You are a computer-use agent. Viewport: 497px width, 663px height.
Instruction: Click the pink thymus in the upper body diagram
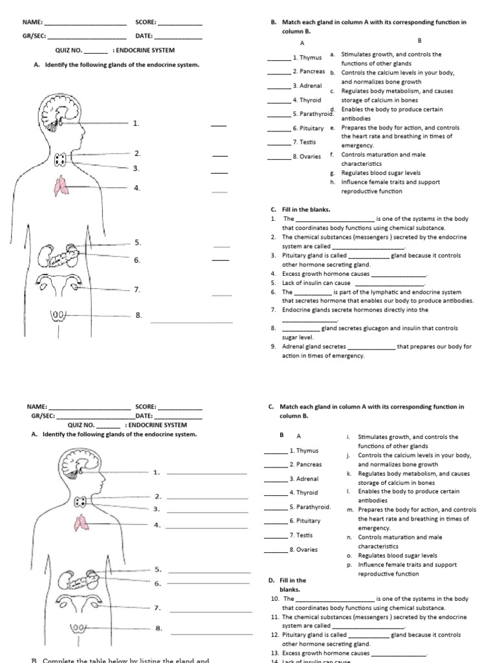60,186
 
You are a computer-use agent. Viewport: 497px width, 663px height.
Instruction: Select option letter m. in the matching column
350,510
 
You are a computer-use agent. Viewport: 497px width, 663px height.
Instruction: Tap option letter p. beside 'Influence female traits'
349,565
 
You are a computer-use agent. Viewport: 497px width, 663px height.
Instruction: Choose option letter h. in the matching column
332,182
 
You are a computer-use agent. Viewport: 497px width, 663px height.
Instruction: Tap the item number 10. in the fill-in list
274,599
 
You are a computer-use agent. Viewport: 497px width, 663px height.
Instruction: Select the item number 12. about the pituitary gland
274,635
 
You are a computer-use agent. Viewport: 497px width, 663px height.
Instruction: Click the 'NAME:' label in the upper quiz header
32,22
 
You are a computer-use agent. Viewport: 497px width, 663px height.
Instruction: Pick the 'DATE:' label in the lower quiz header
144,416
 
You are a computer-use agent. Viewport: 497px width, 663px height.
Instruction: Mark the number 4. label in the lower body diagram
157,524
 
